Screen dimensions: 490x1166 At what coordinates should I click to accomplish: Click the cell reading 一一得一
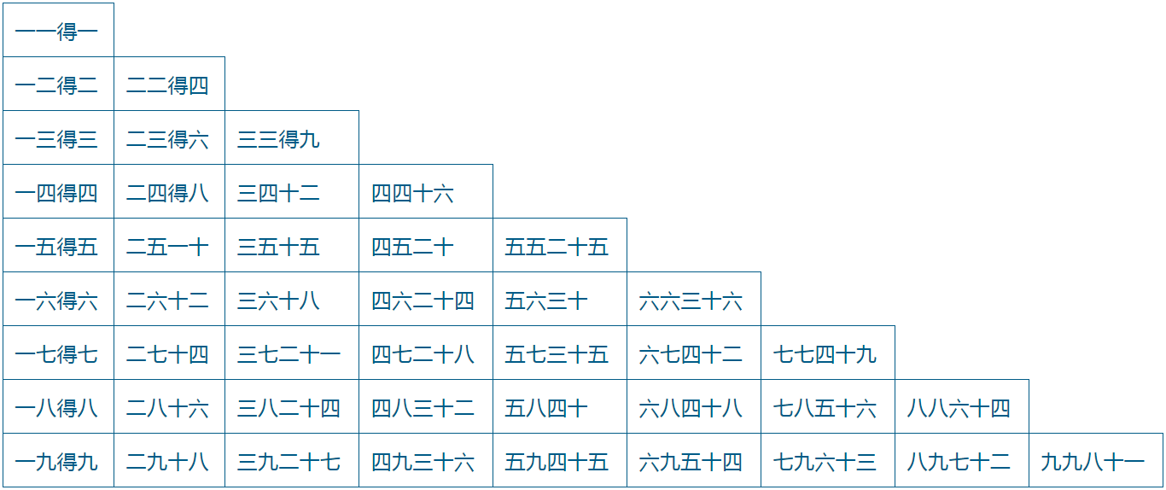(57, 32)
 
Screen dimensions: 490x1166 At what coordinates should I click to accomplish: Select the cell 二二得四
(168, 85)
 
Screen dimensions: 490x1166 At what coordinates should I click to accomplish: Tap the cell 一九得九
(57, 462)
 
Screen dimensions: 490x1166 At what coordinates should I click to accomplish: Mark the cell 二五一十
(168, 247)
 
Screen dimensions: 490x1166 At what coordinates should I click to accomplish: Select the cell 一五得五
(57, 247)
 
